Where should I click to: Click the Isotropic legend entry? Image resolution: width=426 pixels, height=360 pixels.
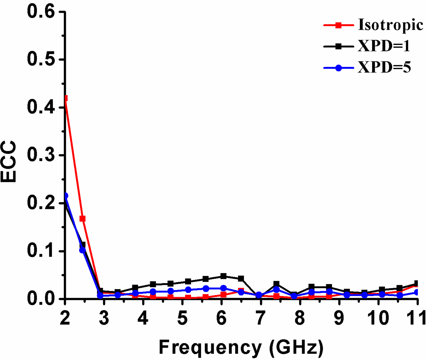coord(390,25)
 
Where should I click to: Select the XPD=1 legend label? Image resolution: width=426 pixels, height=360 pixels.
coord(384,46)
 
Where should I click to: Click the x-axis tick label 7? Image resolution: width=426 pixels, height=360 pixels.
coord(260,318)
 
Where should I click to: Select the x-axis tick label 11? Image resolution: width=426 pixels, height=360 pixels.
coord(416,318)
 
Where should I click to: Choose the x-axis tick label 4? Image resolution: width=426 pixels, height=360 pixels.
coord(143,318)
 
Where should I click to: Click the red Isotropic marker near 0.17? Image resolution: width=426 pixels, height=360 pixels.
coord(82,219)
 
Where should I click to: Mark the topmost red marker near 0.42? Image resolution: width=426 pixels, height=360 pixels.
coord(65,98)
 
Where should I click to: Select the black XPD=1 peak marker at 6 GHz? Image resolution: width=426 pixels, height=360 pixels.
coord(223,276)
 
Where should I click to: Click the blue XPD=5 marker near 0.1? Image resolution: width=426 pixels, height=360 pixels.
coord(82,250)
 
